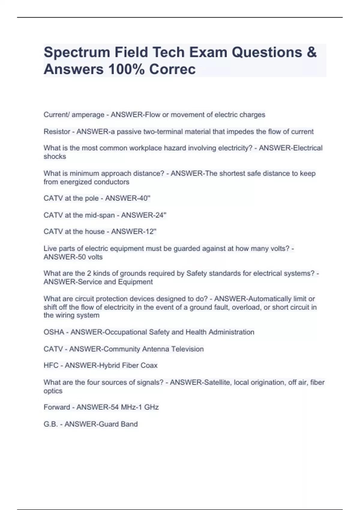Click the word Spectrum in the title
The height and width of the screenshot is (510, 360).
click(76, 52)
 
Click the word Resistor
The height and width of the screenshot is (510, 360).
click(57, 132)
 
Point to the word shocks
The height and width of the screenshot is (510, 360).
click(55, 157)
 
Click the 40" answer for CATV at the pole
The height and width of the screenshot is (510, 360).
click(144, 198)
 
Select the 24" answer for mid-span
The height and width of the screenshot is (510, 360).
click(160, 215)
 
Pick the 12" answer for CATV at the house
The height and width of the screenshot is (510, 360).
click(150, 232)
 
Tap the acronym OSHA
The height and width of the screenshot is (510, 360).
click(54, 332)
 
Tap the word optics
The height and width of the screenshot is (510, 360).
click(53, 391)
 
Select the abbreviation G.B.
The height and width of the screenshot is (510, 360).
click(50, 424)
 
